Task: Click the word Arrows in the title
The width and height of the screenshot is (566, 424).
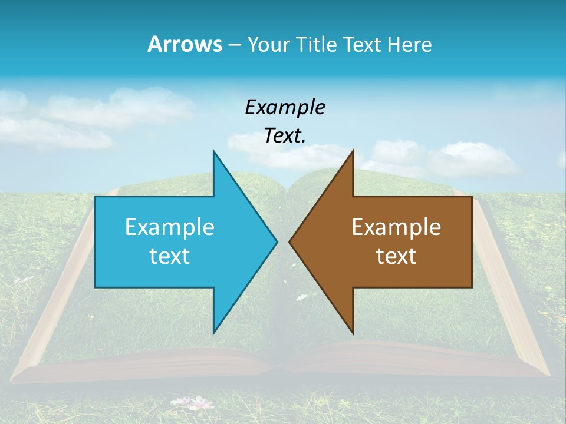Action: pos(185,45)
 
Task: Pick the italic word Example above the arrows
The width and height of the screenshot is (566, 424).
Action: pos(285,108)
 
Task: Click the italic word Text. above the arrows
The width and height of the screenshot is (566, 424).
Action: pos(285,136)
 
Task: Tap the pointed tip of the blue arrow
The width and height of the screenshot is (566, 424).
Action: pos(277,241)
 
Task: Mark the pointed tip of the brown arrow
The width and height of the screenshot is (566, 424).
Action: pos(290,241)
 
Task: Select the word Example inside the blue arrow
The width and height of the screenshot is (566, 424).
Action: pos(170,227)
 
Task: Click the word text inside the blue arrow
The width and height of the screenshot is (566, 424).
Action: pos(170,256)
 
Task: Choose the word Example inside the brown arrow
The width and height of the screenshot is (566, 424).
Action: pos(396,227)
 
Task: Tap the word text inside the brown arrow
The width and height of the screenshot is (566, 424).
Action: pos(396,256)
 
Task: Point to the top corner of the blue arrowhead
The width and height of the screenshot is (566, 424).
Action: pos(213,151)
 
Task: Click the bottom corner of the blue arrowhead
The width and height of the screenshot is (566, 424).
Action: pos(213,333)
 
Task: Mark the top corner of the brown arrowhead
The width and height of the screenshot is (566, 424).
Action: pos(353,151)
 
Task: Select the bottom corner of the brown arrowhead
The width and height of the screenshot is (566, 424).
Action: pos(353,333)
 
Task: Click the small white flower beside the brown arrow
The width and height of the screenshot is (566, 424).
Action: pos(301,297)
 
